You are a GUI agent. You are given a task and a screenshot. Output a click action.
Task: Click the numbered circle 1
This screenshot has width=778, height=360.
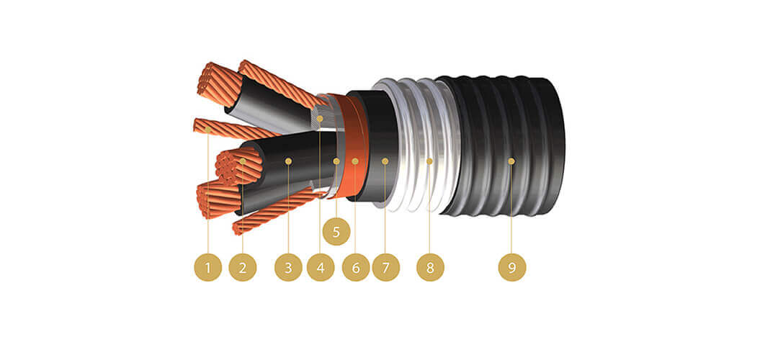pos(208,268)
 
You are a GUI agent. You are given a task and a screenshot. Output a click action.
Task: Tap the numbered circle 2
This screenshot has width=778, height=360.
pos(243,268)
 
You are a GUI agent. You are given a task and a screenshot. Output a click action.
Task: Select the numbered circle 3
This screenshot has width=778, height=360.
pos(288,268)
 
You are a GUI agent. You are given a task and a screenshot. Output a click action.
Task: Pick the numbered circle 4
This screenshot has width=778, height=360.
pos(321,268)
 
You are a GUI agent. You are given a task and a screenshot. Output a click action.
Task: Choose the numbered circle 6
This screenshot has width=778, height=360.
pos(355,268)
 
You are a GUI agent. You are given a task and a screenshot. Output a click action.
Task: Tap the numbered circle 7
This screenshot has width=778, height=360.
pos(385,268)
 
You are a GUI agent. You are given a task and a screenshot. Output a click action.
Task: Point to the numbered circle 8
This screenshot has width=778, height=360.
pos(430,268)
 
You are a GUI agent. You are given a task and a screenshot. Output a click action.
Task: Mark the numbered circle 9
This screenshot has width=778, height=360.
pos(512,268)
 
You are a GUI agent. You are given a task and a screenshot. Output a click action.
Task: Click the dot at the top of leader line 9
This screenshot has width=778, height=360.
pos(512,161)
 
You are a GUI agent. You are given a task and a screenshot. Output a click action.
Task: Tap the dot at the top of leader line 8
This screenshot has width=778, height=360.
pos(430,161)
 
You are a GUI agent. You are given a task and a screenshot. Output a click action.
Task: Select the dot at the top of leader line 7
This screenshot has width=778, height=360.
pos(385,161)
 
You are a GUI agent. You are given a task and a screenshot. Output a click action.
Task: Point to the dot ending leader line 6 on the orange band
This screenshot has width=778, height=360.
pos(355,161)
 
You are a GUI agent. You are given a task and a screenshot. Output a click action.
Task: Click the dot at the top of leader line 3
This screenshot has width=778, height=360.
pos(288,161)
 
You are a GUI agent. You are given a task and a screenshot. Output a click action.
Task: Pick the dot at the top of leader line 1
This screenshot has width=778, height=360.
pos(208,130)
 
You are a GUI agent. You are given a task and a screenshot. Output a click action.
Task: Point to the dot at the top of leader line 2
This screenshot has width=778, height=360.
pos(243,161)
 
